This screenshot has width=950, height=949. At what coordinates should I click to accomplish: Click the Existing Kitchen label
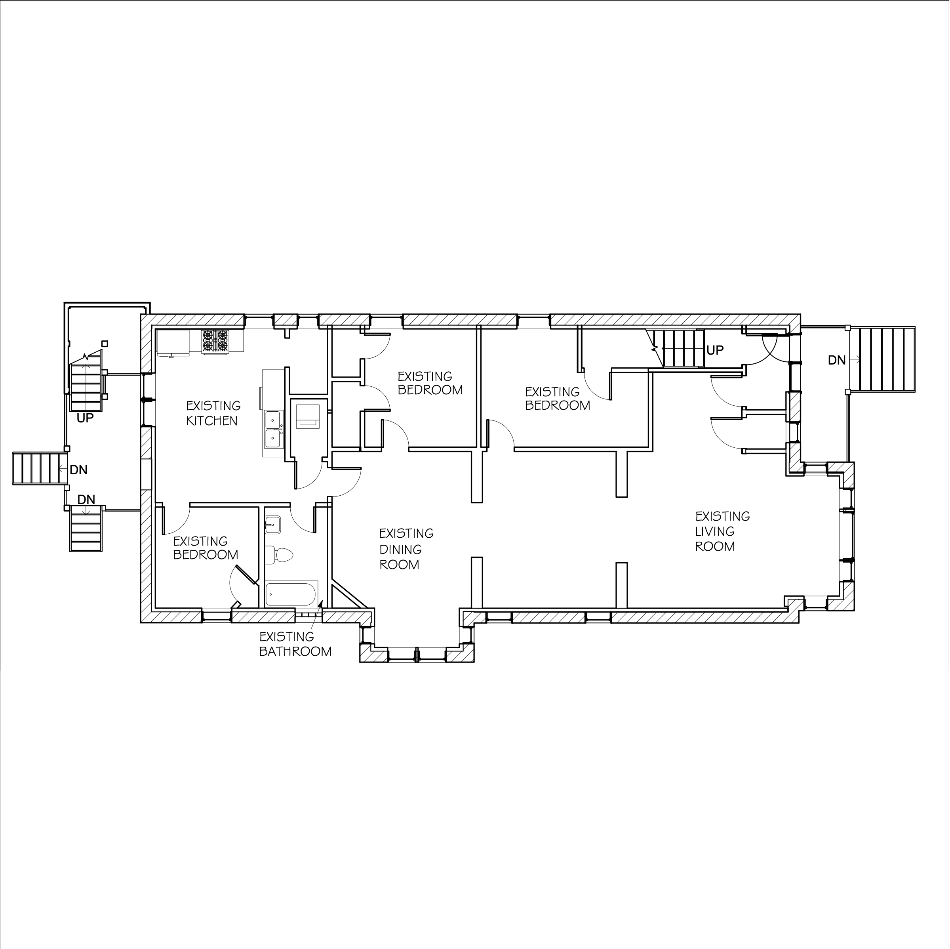pyautogui.click(x=213, y=413)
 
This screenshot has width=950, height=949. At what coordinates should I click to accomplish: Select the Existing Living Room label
pyautogui.click(x=722, y=531)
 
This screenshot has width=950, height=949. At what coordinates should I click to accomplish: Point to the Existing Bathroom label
pyautogui.click(x=295, y=644)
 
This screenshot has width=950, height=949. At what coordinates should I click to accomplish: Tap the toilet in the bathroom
pyautogui.click(x=279, y=556)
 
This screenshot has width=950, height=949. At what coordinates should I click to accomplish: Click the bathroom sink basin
pyautogui.click(x=272, y=525)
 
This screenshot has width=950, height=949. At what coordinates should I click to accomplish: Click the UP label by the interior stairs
pyautogui.click(x=715, y=350)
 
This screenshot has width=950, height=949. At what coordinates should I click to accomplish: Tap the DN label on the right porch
pyautogui.click(x=836, y=360)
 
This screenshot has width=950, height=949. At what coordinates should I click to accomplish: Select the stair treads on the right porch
pyautogui.click(x=883, y=359)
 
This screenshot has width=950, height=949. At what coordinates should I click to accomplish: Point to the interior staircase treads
pyautogui.click(x=683, y=348)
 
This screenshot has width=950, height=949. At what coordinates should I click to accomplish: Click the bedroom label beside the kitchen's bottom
pyautogui.click(x=206, y=548)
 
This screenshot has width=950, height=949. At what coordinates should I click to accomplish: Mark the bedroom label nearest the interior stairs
pyautogui.click(x=558, y=399)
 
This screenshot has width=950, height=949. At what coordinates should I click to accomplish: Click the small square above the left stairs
pyautogui.click(x=104, y=344)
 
